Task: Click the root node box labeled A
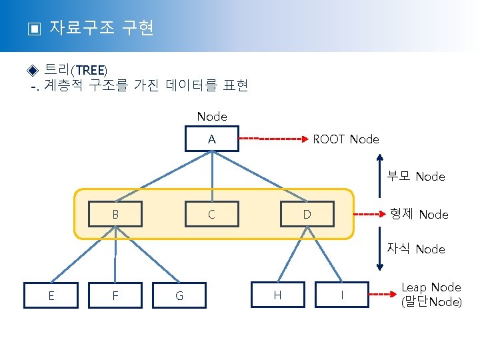click(x=211, y=140)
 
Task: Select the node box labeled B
click(x=115, y=215)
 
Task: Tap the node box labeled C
click(x=211, y=215)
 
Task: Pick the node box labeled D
click(x=307, y=215)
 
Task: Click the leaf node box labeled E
click(x=51, y=295)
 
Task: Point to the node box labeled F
click(x=115, y=295)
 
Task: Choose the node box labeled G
click(x=179, y=295)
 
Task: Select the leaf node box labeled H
click(x=277, y=295)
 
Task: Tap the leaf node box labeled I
click(x=342, y=295)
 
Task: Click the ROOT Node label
click(x=345, y=139)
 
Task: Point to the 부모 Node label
click(x=416, y=177)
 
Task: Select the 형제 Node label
click(x=419, y=214)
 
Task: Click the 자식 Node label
click(x=416, y=249)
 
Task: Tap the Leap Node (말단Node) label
click(x=431, y=294)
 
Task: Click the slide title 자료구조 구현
click(x=101, y=28)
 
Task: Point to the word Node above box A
click(x=212, y=117)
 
